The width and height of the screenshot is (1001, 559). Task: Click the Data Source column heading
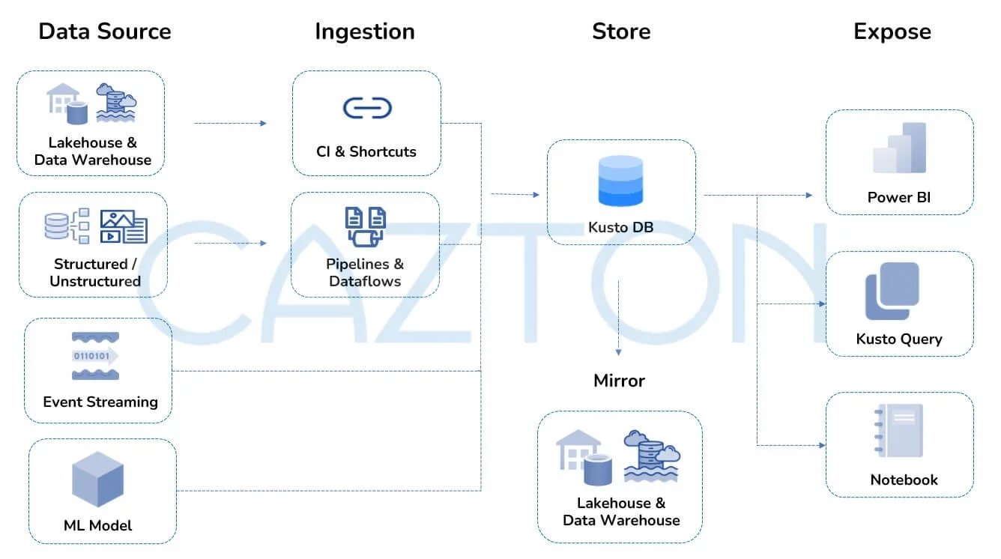click(105, 31)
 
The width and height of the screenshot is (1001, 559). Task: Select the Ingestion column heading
click(365, 31)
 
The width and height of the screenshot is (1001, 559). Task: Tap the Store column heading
click(621, 31)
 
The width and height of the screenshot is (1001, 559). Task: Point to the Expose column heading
click(892, 31)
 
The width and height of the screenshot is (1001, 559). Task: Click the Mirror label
click(619, 381)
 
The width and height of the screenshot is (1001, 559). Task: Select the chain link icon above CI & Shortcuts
click(367, 108)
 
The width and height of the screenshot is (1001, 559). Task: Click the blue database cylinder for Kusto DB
click(620, 181)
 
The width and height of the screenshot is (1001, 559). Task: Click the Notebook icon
click(901, 431)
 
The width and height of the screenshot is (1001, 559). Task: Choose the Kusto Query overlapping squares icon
click(892, 291)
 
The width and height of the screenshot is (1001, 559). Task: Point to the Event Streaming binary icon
click(95, 356)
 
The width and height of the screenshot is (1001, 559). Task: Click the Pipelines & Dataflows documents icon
click(366, 227)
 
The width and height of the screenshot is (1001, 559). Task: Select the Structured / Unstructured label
click(95, 273)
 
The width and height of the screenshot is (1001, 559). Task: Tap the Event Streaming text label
click(100, 402)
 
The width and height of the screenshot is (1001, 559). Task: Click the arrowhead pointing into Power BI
click(808, 196)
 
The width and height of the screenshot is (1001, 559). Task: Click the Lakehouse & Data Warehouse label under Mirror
click(621, 512)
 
